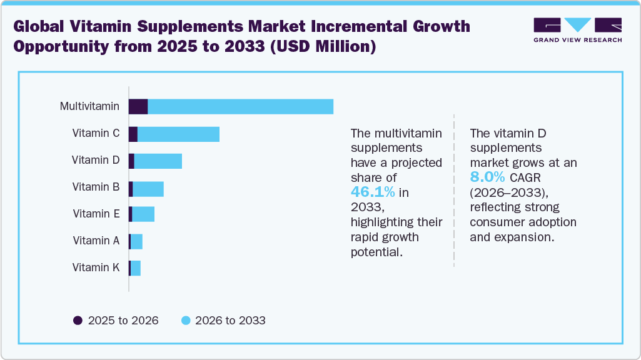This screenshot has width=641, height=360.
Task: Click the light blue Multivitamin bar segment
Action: tap(240, 106)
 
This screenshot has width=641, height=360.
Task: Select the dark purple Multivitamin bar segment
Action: tap(138, 106)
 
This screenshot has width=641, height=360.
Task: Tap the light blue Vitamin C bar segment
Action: tap(178, 134)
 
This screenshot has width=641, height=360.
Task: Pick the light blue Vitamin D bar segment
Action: tap(158, 161)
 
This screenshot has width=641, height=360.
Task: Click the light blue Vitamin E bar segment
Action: tap(143, 214)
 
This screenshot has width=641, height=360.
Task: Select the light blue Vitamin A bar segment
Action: tap(136, 241)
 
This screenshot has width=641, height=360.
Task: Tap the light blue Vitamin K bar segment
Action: tap(136, 268)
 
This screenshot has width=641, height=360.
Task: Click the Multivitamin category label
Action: tap(89, 106)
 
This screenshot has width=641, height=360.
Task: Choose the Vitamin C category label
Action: tap(96, 133)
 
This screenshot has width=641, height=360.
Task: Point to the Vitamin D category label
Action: tap(96, 160)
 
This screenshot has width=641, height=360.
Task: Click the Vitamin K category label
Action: tap(96, 267)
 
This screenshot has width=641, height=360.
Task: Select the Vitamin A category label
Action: tap(96, 241)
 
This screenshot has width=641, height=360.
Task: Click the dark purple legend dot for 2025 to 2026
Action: tap(78, 321)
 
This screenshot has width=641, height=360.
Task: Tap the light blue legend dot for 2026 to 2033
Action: tap(185, 321)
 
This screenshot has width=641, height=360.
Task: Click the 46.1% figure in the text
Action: tap(372, 192)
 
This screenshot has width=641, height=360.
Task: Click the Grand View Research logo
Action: tap(577, 29)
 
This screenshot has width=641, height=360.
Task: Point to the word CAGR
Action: tap(525, 177)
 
